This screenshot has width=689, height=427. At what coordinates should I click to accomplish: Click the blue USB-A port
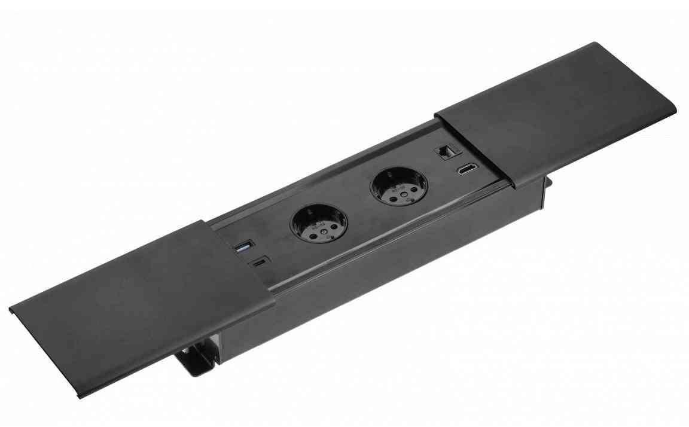(x=243, y=246)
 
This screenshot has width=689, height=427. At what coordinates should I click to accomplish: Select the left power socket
(x=318, y=222)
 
